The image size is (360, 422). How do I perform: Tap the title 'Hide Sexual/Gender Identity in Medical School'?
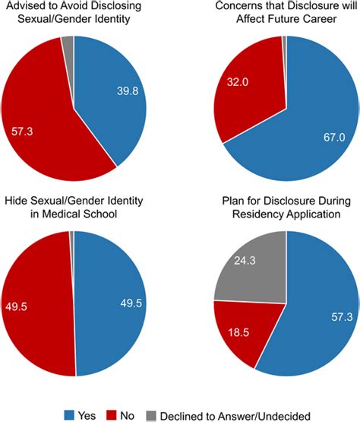pos(73,206)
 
